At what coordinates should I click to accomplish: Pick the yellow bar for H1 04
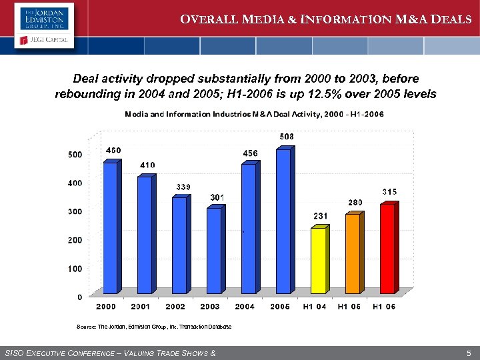[318, 261]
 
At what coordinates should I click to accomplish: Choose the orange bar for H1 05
[353, 253]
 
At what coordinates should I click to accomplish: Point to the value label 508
[287, 137]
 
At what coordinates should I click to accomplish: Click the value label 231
[321, 216]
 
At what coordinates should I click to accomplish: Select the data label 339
[183, 186]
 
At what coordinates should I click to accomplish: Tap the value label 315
[389, 192]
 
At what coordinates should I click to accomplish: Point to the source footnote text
[154, 327]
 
